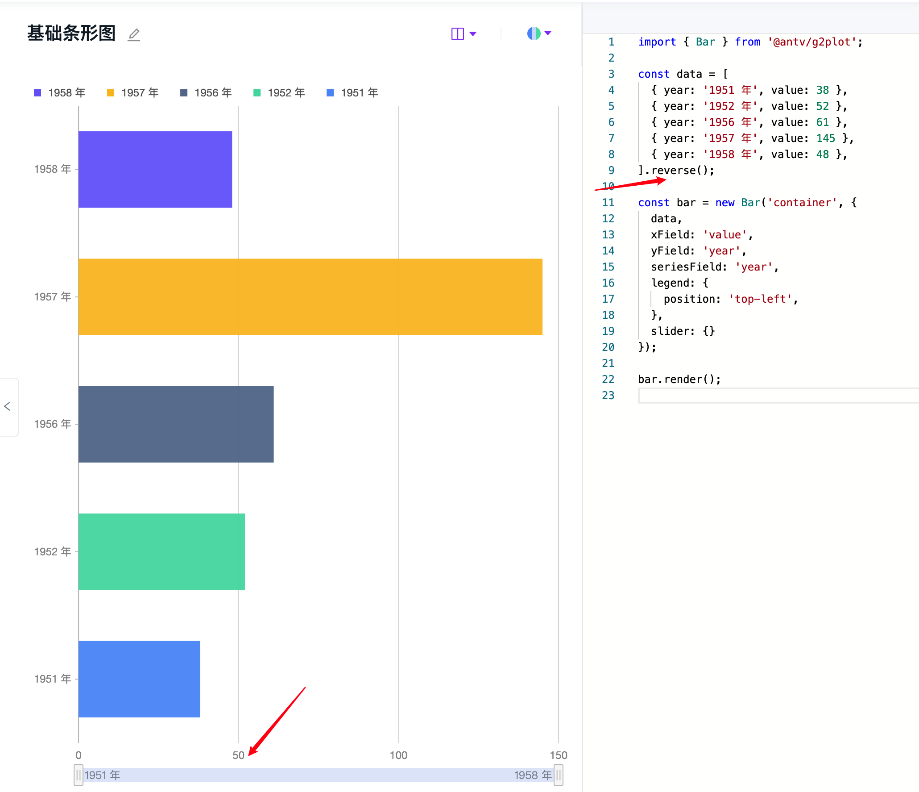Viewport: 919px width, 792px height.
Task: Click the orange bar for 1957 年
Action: (310, 297)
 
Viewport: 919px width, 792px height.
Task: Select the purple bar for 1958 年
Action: (155, 169)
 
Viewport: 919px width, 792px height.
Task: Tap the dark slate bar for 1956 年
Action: (176, 424)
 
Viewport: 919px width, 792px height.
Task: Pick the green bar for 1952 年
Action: (161, 551)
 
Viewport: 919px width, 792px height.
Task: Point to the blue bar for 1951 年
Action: (139, 679)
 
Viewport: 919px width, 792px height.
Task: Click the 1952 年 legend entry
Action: (279, 93)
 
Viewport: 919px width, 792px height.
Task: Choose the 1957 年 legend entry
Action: (133, 93)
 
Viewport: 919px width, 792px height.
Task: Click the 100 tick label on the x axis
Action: (398, 755)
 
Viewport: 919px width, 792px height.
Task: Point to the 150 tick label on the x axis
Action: (558, 755)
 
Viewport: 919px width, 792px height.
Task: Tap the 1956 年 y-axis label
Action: (53, 424)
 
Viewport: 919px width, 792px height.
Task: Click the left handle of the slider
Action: (79, 775)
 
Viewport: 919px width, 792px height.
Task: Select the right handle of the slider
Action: (558, 775)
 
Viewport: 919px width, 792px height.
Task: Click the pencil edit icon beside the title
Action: (134, 34)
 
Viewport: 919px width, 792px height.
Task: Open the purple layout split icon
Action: (458, 33)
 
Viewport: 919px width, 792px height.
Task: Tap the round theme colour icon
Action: (534, 33)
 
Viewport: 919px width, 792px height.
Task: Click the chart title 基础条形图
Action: (71, 33)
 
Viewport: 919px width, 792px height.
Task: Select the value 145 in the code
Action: (825, 138)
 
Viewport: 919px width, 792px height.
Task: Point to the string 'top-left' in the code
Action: (760, 299)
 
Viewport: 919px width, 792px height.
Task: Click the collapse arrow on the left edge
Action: (7, 406)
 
